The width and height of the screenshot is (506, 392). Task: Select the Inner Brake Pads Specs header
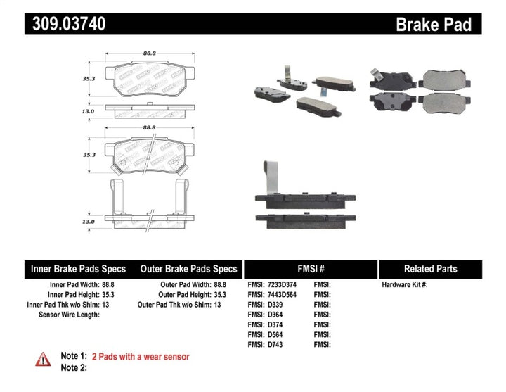point(78,269)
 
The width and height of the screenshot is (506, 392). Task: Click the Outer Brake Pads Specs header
point(188,269)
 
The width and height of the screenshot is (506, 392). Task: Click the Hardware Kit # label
point(405,285)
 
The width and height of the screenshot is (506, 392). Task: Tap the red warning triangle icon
point(42,358)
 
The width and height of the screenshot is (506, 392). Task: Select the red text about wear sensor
point(141,357)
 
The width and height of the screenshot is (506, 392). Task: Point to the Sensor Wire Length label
point(70,315)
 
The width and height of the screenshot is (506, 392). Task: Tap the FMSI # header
point(310,269)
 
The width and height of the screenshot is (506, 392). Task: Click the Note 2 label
point(74,367)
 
